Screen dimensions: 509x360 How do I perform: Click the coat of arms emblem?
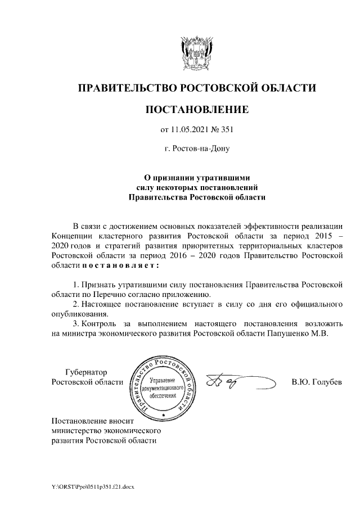coord(196,53)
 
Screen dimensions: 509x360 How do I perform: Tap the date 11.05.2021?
coord(189,130)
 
